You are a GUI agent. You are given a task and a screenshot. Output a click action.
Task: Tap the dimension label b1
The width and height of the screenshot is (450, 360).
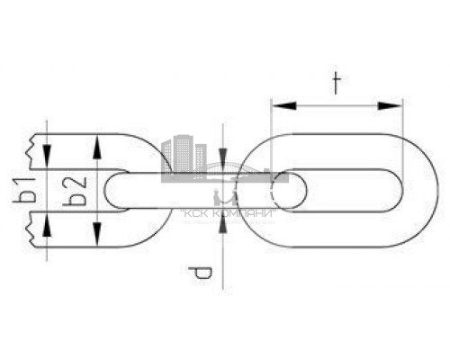pos(29,191)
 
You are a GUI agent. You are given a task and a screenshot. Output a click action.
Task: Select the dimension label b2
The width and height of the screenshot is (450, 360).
pos(78,192)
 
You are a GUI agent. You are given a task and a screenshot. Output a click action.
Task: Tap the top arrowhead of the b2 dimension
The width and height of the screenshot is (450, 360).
pos(96,142)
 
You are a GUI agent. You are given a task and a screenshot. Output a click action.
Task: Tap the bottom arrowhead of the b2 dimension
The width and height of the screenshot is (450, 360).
pos(96,239)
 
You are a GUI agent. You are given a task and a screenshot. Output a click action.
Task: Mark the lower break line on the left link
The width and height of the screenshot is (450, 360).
pos(36,230)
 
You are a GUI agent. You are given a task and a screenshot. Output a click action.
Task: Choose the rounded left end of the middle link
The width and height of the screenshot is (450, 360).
pos(112,191)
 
